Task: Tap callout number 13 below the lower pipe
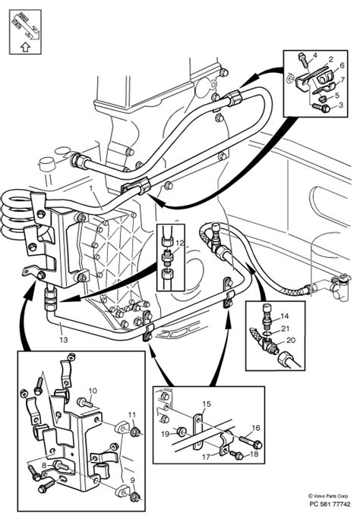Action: click(64, 339)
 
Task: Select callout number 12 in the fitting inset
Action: click(179, 244)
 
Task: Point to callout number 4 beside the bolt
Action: click(314, 55)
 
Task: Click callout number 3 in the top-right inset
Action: click(341, 105)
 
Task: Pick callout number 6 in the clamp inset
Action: click(342, 65)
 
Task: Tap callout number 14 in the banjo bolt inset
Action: click(285, 316)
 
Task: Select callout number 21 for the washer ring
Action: click(285, 329)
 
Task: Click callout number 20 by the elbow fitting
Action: click(291, 340)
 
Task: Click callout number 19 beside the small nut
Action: click(166, 433)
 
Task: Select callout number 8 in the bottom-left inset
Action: click(44, 464)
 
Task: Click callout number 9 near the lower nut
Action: click(132, 480)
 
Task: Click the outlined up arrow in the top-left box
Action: click(25, 47)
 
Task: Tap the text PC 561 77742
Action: click(330, 505)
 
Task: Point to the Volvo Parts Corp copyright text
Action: click(328, 496)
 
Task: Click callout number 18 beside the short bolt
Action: click(254, 454)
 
